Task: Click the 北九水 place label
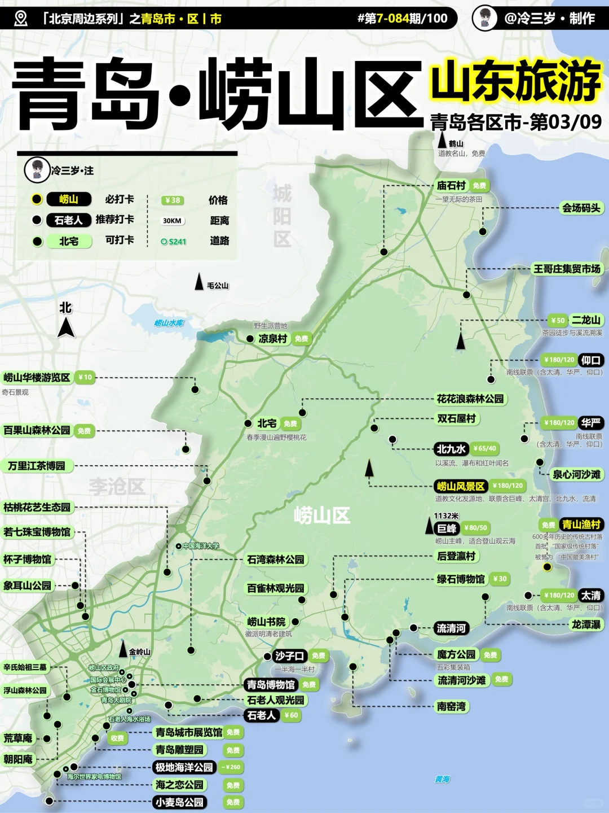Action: pos(451,449)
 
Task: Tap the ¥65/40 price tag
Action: pos(485,449)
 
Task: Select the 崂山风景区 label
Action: pos(461,486)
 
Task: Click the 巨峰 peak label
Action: pos(447,528)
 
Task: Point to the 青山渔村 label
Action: pos(582,524)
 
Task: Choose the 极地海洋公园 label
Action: pos(184,767)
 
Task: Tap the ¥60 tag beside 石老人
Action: pos(291,715)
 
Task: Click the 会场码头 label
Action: pos(581,208)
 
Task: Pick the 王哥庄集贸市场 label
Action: pos(567,269)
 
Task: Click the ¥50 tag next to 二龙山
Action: pos(558,320)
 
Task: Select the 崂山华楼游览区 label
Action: pos(37,377)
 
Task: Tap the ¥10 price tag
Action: pos(85,377)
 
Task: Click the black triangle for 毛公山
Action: pos(199,282)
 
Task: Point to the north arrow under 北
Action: pos(66,327)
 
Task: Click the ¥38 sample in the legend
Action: pos(172,200)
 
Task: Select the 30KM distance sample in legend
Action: pos(172,221)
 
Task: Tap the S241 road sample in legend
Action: pos(174,242)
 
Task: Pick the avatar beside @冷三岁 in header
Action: pos(484,18)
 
